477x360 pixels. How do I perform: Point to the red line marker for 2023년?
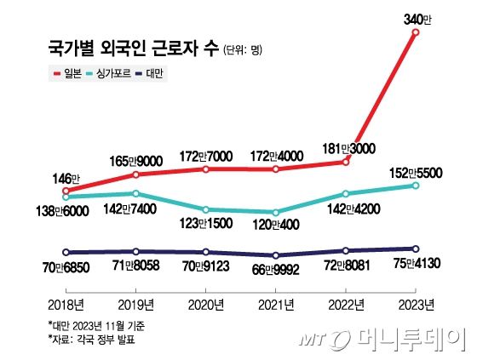[416, 32]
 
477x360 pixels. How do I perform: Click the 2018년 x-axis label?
[65, 305]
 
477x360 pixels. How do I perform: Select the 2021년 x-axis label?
[275, 305]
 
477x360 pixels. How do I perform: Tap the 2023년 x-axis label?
[416, 305]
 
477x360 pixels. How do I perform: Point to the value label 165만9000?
[136, 159]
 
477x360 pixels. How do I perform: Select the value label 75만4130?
[413, 265]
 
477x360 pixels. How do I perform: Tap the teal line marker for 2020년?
[205, 209]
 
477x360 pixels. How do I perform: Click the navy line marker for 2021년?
[275, 255]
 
